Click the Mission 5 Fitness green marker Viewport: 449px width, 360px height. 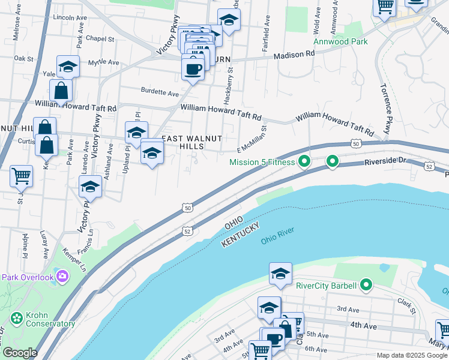click(x=304, y=161)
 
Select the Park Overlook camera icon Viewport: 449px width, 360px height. click(x=61, y=276)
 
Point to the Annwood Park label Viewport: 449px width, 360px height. click(x=341, y=42)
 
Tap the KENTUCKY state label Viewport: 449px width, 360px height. click(x=240, y=234)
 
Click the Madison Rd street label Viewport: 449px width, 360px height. click(x=294, y=54)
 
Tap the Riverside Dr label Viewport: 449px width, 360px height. click(x=385, y=162)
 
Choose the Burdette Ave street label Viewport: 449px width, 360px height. click(x=160, y=93)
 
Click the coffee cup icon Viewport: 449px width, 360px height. click(x=192, y=68)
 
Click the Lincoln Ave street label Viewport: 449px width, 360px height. click(x=67, y=17)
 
